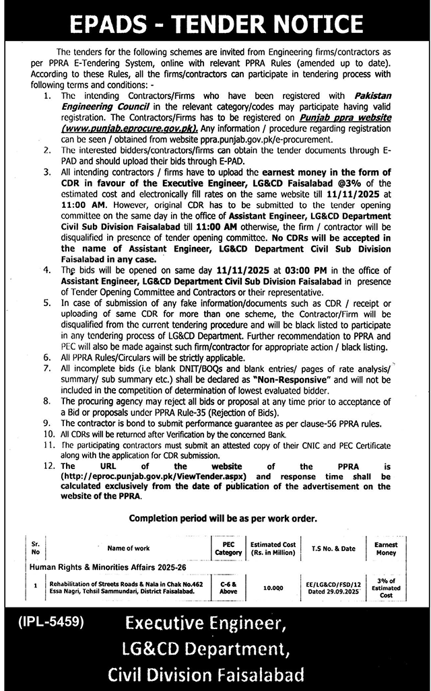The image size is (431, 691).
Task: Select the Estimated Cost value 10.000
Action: point(272,587)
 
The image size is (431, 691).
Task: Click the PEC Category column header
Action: point(227,548)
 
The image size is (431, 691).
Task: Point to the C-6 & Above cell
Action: point(227,587)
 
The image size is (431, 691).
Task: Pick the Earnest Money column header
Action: point(386,548)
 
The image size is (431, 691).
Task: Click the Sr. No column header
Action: point(35,548)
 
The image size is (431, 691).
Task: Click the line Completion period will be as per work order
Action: point(215,519)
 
